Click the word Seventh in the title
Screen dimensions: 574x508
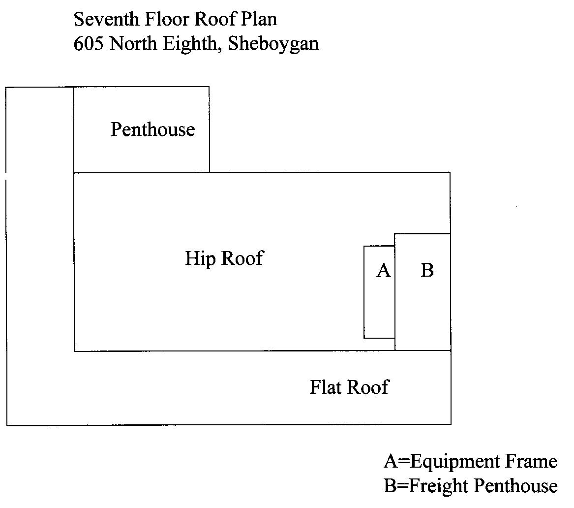(106, 19)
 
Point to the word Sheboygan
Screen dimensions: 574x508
(273, 44)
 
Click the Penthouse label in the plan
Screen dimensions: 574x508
(152, 129)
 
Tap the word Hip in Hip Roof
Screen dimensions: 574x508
(200, 259)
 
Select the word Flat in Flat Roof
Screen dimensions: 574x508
(326, 387)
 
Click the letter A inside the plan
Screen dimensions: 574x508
(383, 271)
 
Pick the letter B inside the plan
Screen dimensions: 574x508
(427, 270)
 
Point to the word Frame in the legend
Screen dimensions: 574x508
(531, 462)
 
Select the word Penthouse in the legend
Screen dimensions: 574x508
(515, 486)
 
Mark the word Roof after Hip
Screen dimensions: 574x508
(242, 258)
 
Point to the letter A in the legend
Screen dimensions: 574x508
(391, 462)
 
